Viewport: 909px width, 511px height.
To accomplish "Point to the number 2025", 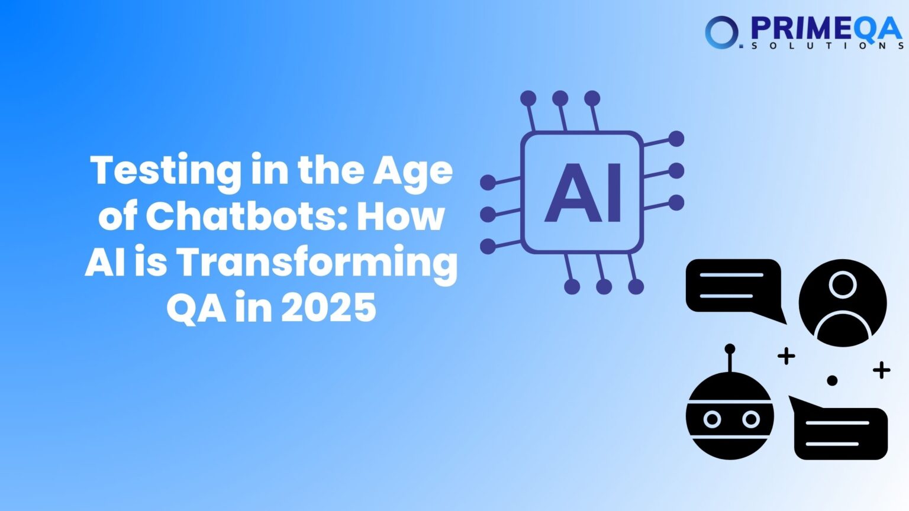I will point(328,308).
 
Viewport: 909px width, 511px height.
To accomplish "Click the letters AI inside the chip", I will point(583,193).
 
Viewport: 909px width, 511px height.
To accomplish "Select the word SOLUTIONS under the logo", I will point(827,46).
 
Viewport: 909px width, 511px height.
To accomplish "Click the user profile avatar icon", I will point(843,303).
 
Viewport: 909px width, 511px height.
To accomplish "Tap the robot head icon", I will point(730,416).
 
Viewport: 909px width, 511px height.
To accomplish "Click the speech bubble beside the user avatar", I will point(734,286).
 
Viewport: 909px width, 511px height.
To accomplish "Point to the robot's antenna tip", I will point(730,349).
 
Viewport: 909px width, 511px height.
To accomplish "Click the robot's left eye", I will point(712,419).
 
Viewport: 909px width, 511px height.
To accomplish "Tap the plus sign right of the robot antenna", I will point(786,356).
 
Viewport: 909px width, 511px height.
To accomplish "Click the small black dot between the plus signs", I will point(832,380).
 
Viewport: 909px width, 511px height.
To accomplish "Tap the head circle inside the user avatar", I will point(843,284).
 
